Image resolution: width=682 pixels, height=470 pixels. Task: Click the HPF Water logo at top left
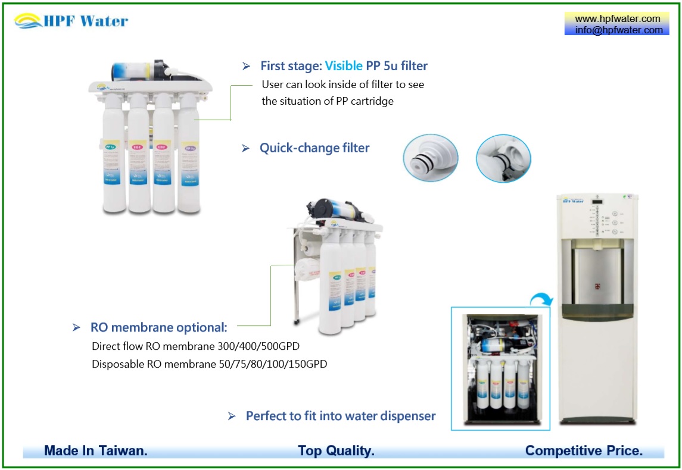coord(71,21)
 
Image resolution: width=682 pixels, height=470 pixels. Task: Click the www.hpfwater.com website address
coord(617,18)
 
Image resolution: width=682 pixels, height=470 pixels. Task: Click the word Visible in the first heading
coord(344,66)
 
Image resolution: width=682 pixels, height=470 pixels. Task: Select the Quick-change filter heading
coord(314,148)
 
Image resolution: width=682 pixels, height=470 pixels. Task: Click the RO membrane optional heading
coord(158,327)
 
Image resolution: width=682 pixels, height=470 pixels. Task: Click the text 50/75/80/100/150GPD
coord(278,364)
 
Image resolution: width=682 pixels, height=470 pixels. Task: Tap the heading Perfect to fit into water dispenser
coord(340,416)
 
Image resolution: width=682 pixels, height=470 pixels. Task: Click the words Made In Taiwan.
coord(95,451)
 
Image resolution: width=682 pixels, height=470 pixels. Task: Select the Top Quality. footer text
coord(336,451)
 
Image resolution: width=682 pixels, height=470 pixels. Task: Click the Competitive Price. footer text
coord(583,451)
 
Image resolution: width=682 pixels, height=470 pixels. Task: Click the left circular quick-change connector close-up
coord(430,158)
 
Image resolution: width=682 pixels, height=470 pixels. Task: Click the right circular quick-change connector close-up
coord(503,158)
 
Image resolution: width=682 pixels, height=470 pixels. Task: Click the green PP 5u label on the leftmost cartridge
coord(111,146)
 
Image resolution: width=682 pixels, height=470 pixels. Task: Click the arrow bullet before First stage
coord(246,67)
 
